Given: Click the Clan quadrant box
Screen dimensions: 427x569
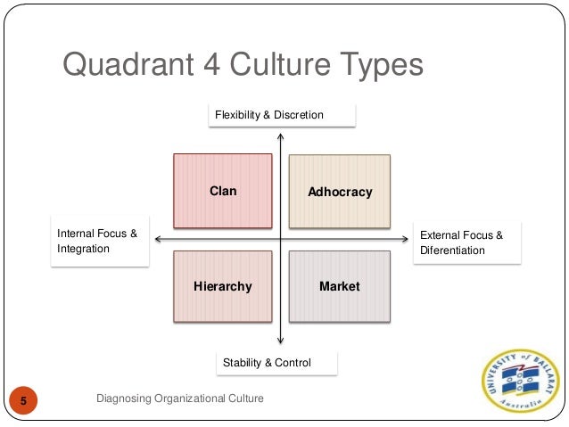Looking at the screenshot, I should [222, 191].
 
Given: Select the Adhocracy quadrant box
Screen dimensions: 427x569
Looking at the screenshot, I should [339, 192].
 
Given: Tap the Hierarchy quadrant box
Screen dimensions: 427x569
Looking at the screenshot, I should [222, 286].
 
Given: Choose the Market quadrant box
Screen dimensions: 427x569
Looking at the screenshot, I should [339, 286].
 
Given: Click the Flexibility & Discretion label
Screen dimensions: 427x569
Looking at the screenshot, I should [281, 116].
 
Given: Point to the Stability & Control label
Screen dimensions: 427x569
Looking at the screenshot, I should [277, 363].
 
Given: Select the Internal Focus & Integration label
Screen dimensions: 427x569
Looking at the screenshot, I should [97, 242].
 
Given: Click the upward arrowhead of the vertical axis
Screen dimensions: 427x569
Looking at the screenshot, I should [281, 136].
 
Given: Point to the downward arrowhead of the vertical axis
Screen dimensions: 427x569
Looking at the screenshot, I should [281, 340].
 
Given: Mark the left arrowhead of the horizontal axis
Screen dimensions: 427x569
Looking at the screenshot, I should [157, 239].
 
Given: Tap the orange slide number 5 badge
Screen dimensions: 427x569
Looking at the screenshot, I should [24, 399].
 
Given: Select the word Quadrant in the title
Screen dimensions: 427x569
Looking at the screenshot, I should [128, 66].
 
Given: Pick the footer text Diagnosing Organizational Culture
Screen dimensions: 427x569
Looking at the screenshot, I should [180, 398].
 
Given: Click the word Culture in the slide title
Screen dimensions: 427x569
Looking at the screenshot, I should [276, 66].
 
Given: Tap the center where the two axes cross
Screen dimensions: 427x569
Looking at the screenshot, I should [281, 239].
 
